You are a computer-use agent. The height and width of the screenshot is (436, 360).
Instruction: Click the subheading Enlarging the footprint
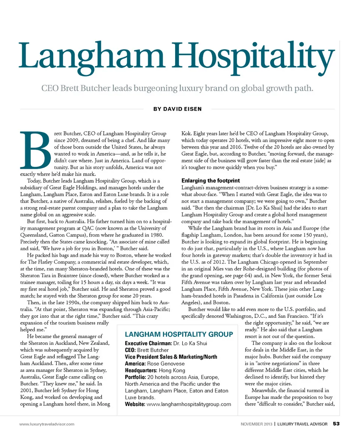[x=211, y=180]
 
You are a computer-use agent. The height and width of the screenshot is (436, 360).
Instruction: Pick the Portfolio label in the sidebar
[x=135, y=377]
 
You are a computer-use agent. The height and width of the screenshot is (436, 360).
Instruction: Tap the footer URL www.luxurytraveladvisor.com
[x=46, y=424]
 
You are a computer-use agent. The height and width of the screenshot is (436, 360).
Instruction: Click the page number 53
[x=336, y=424]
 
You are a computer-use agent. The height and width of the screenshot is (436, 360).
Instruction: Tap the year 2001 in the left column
[x=27, y=390]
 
